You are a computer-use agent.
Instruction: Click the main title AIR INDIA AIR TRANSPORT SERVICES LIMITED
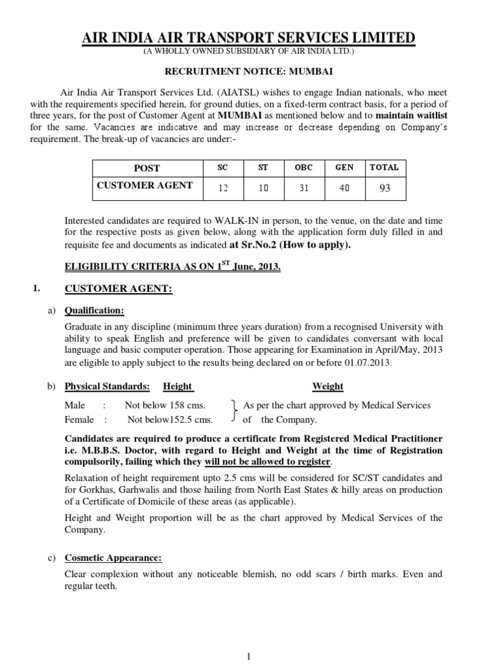248,38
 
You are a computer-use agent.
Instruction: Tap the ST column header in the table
263,167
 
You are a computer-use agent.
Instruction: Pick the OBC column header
303,167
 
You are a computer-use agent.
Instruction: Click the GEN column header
344,167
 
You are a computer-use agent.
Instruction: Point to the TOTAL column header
384,167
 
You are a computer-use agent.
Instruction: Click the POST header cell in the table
147,168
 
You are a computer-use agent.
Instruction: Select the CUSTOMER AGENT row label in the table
145,185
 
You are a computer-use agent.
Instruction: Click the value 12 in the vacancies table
224,188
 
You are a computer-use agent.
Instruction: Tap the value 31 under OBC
303,188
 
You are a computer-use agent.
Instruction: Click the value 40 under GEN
344,188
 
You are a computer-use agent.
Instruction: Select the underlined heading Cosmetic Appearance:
113,558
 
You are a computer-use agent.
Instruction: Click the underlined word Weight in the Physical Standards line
327,386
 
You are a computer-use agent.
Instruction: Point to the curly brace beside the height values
234,412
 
